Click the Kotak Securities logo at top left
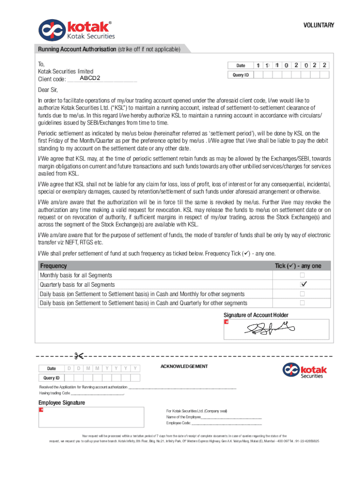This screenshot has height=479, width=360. click(x=76, y=29)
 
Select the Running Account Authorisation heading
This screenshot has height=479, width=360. click(x=77, y=49)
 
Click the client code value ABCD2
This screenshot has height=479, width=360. click(x=90, y=78)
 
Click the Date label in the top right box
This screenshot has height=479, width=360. click(x=240, y=65)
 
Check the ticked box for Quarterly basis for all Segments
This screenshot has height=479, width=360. click(x=302, y=284)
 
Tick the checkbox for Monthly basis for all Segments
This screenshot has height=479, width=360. click(x=302, y=275)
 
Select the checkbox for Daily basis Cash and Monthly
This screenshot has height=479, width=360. click(x=302, y=294)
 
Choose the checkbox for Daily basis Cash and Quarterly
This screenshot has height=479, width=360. click(x=302, y=303)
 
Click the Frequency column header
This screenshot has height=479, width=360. click(x=53, y=266)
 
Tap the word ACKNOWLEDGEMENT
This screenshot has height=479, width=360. click(x=184, y=366)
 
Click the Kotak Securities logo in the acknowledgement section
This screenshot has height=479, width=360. click(x=304, y=371)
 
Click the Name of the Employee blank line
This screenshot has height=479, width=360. click(x=231, y=417)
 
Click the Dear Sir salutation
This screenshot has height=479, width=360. click(x=48, y=90)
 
